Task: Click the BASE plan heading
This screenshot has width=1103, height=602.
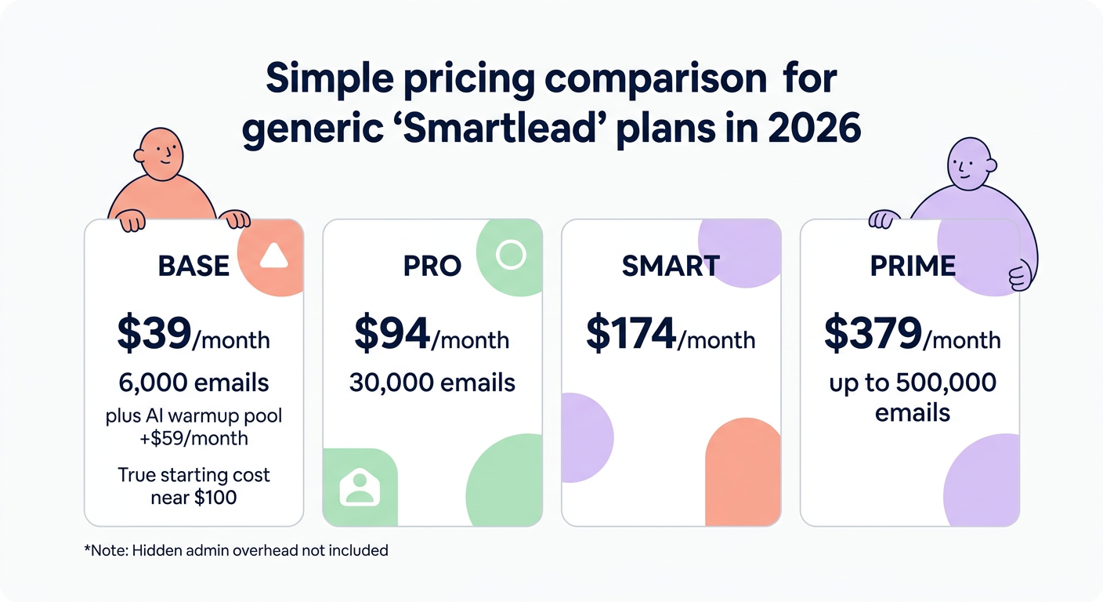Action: coord(193,266)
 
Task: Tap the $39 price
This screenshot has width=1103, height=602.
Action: coord(154,333)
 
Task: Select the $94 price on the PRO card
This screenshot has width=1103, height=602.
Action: coord(392,333)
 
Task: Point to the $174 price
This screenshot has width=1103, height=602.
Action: coord(631,333)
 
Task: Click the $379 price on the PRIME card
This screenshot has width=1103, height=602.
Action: coord(873,333)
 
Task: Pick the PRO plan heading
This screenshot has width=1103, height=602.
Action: coord(432,266)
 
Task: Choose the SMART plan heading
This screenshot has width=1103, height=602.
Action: coord(670,266)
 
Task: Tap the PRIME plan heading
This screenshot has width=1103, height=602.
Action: coord(913,266)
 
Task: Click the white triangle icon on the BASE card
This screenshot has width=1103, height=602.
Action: coord(273,256)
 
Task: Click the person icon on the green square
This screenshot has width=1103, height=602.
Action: coord(360,488)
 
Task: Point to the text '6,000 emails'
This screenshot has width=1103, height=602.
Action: coord(193,383)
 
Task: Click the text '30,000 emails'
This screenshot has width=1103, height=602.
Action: coord(432,383)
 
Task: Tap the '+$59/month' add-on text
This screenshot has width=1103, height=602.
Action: coord(193,438)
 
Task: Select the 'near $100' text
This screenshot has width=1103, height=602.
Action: coord(193,497)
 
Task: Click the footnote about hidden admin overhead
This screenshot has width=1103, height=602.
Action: coord(236,550)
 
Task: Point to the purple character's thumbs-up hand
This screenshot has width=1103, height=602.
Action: coord(1018,276)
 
